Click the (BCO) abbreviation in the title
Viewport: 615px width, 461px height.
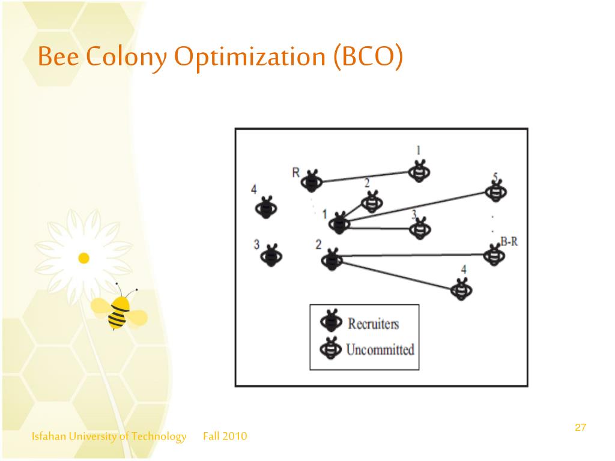(x=367, y=57)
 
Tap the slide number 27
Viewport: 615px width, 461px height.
(x=580, y=427)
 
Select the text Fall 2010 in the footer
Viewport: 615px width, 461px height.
(x=225, y=436)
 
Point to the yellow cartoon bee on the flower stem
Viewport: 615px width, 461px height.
(x=121, y=310)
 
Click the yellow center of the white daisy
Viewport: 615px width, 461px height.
(x=84, y=258)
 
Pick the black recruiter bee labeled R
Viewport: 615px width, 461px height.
(x=312, y=180)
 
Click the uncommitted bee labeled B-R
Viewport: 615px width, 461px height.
(x=494, y=255)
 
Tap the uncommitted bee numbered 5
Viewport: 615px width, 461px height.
(x=495, y=190)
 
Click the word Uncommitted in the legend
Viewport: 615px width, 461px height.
(x=380, y=349)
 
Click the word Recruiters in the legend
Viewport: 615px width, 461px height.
(x=373, y=324)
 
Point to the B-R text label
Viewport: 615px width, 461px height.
(x=509, y=242)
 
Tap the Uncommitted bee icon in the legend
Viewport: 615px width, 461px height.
(x=330, y=348)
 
